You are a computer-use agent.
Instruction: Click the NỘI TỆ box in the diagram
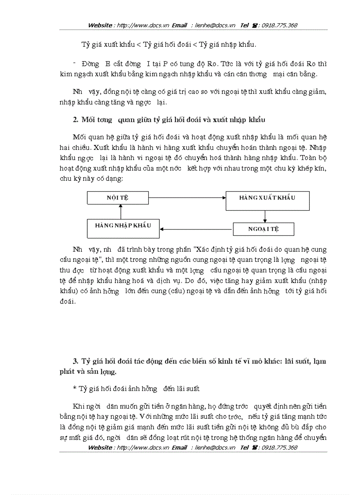coord(117,197)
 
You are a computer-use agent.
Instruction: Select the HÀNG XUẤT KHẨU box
coord(267,198)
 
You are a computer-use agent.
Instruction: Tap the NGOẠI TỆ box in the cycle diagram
coord(263,229)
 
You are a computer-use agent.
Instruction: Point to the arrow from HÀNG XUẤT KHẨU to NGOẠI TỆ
coord(265,216)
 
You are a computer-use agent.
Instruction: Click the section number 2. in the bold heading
coord(75,120)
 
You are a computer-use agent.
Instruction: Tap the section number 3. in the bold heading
coord(75,361)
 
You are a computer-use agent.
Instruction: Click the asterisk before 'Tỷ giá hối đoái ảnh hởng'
coord(75,389)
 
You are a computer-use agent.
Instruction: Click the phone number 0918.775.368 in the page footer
coord(279,447)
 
